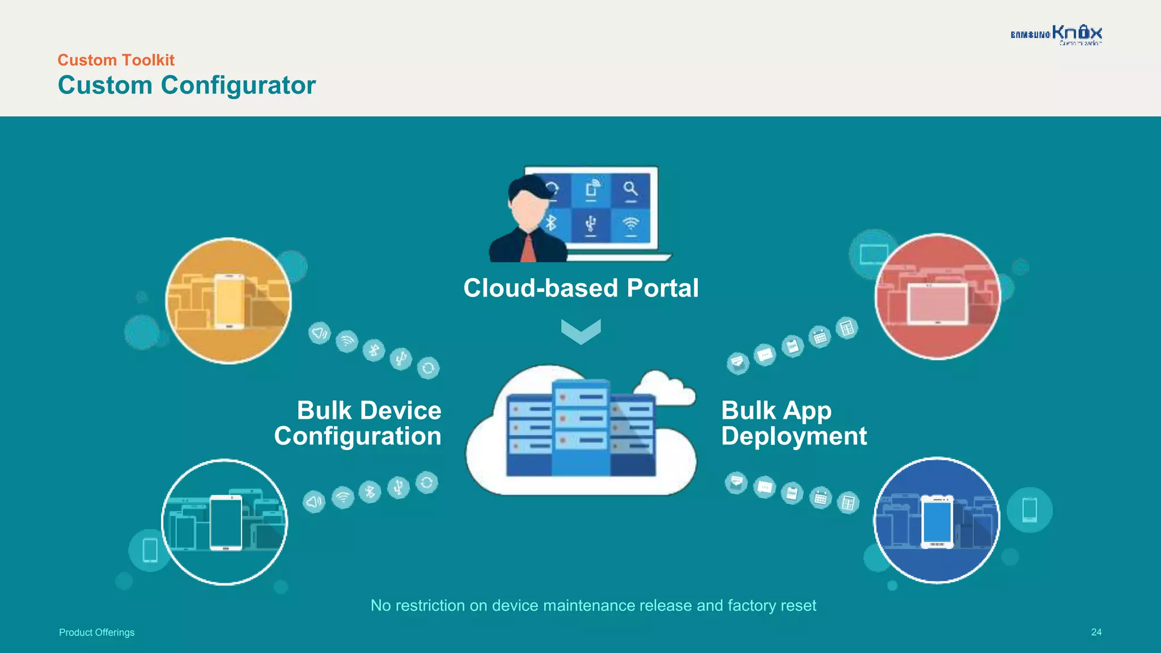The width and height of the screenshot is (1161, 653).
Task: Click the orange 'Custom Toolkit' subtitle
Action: [116, 60]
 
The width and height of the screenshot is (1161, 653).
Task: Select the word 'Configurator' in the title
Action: [238, 86]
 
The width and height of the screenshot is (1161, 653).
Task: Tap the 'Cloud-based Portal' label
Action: [580, 288]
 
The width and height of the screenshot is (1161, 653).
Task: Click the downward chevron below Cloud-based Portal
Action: [580, 331]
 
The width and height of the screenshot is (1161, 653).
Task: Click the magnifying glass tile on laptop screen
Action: [630, 189]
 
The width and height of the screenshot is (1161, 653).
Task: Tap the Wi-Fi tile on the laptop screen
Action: [630, 224]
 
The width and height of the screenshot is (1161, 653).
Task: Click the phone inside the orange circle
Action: [229, 301]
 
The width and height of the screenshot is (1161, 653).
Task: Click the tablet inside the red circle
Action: [938, 303]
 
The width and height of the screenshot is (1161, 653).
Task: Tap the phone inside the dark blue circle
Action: [937, 521]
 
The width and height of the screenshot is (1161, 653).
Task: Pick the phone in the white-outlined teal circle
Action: [226, 522]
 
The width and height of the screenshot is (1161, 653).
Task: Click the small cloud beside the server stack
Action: [663, 388]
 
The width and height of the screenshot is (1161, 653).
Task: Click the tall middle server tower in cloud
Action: [580, 428]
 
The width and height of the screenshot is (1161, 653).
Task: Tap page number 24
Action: [1096, 632]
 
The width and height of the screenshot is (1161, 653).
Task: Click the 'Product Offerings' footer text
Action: [97, 633]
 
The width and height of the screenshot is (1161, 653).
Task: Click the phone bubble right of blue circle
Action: [1029, 510]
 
